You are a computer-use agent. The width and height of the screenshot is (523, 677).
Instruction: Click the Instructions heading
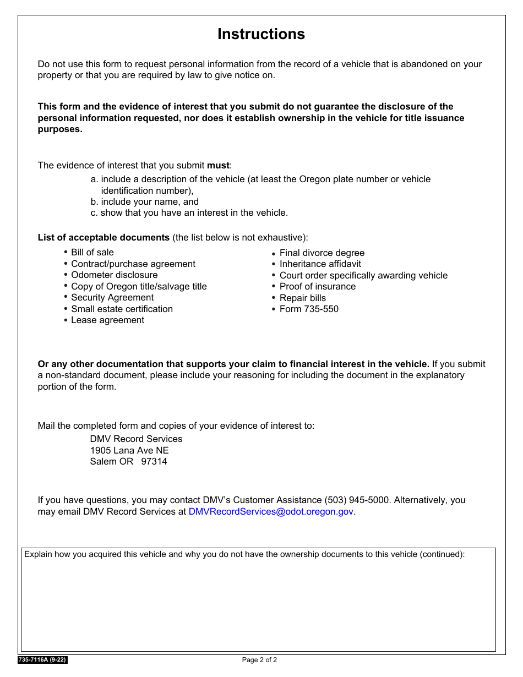[x=261, y=34]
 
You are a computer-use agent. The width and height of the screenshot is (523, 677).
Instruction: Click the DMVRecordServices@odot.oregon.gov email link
[x=270, y=511]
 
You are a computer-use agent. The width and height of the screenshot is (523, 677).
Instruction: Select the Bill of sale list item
[x=92, y=252]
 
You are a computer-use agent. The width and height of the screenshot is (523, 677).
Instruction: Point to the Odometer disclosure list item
[x=114, y=275]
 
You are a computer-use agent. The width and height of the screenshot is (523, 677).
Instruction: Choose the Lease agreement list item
[x=107, y=320]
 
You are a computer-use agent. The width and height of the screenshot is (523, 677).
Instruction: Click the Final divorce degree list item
[x=322, y=253]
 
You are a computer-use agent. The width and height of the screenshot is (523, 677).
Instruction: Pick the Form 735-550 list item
[x=309, y=309]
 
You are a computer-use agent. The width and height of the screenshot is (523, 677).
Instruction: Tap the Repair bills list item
[x=302, y=298]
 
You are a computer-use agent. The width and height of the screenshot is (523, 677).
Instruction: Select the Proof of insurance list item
[x=317, y=286]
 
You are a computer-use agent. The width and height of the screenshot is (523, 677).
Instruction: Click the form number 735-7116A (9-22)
[x=42, y=660]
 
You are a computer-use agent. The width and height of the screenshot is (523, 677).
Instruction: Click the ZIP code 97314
[x=154, y=461]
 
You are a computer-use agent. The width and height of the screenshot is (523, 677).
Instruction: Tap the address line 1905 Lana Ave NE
[x=129, y=450]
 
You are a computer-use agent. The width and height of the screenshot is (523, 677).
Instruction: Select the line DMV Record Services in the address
[x=136, y=439]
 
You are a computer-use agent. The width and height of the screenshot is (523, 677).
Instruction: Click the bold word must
[x=217, y=165]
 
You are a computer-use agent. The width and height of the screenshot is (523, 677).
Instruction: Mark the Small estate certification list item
[x=122, y=309]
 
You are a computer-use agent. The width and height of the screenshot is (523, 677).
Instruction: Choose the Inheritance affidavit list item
[x=320, y=264]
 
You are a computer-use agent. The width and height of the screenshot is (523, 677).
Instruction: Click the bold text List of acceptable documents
[x=103, y=238]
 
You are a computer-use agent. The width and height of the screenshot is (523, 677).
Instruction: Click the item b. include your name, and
[x=145, y=201]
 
